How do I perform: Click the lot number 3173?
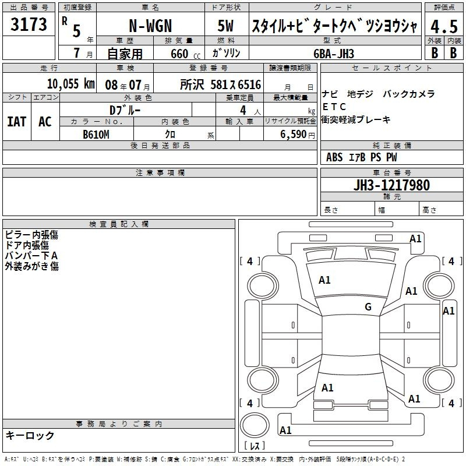click(29, 24)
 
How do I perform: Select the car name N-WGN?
click(150, 26)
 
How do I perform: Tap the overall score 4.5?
click(444, 26)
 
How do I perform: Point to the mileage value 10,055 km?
click(70, 84)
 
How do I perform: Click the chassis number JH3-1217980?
click(391, 185)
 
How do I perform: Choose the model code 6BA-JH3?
click(334, 54)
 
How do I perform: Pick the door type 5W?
click(225, 26)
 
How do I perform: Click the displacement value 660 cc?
click(185, 54)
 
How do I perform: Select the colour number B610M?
click(96, 135)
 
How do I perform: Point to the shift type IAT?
click(17, 122)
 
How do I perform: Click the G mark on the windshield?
click(368, 307)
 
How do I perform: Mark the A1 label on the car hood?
click(324, 280)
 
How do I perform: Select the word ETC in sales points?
click(334, 107)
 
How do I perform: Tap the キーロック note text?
click(30, 435)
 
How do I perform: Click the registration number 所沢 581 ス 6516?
click(221, 84)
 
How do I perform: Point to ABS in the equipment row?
click(334, 157)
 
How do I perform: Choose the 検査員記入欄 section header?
click(119, 224)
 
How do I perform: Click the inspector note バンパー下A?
click(31, 256)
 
